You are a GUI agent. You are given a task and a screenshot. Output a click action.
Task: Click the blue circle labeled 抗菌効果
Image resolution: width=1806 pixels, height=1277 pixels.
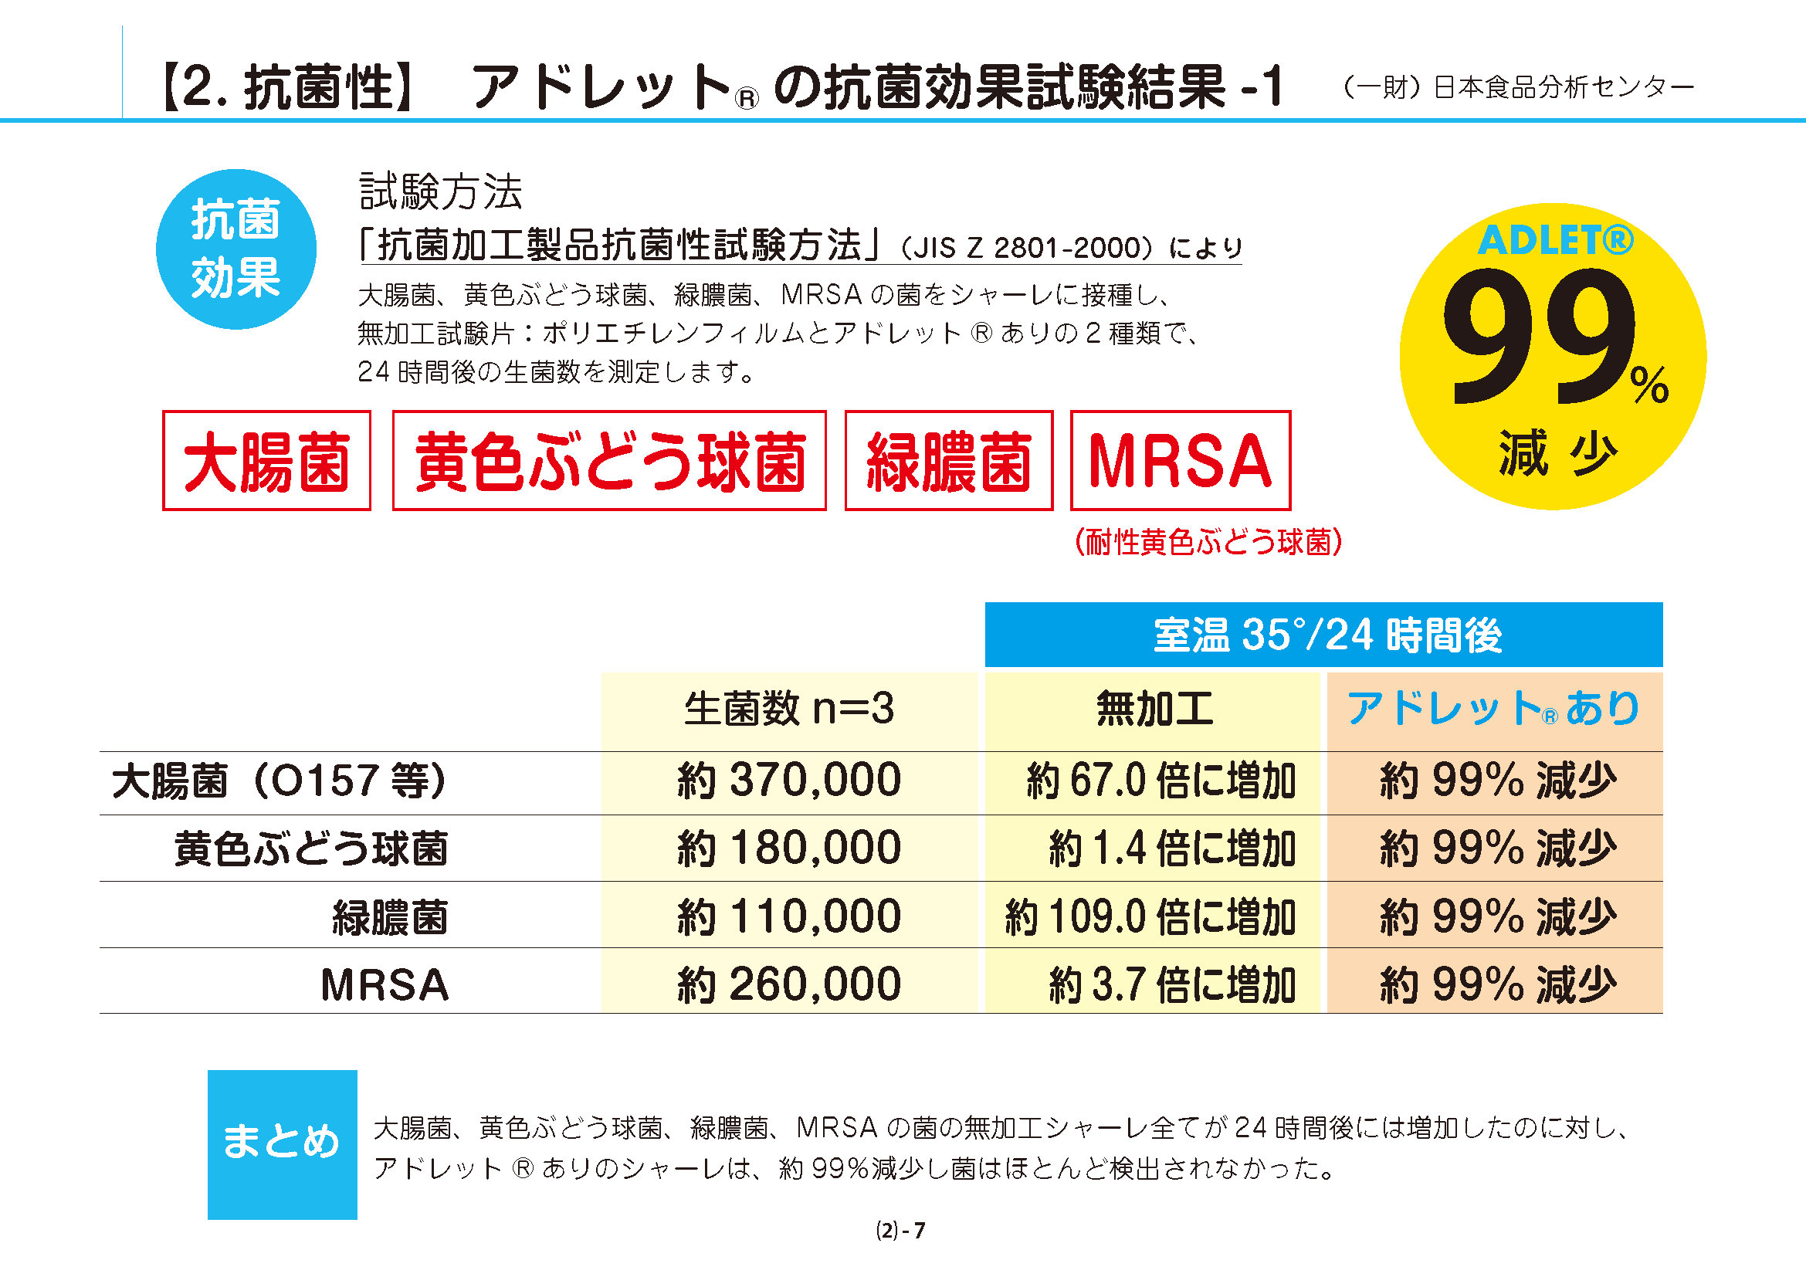point(236,249)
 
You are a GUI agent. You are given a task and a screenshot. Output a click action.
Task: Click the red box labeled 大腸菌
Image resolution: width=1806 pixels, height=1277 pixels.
point(266,461)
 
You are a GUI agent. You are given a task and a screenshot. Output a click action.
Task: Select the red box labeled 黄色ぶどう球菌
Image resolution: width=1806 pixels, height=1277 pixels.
point(610,461)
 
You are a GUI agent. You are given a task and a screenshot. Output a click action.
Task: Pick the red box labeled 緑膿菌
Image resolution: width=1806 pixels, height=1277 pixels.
point(949,461)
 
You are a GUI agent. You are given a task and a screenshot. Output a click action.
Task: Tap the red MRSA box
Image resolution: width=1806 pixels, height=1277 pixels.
point(1180,461)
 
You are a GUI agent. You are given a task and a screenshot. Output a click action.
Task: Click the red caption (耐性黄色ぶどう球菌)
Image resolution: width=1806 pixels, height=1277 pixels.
point(1208,542)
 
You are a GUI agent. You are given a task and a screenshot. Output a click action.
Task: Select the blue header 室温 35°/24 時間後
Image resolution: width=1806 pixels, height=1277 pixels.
point(1324,635)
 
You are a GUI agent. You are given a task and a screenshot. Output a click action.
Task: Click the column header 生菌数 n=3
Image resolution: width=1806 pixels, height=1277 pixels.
point(789,709)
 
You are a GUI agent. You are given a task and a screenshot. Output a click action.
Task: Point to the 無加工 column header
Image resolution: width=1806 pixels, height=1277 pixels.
point(1154,709)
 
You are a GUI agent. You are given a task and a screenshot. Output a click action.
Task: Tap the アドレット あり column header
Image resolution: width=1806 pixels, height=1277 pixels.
point(1493,709)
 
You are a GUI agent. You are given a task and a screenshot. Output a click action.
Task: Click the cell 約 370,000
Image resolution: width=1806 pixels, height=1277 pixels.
point(789,781)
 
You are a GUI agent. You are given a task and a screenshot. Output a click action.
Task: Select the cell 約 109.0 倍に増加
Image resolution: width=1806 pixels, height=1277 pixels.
point(1150,917)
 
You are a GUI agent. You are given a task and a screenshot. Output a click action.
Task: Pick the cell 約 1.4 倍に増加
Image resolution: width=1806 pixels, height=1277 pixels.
point(1171,849)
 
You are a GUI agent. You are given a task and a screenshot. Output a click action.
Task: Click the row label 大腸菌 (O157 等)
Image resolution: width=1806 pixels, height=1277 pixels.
point(280,781)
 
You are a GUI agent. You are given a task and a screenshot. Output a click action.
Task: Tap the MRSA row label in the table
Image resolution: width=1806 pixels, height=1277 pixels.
point(385,984)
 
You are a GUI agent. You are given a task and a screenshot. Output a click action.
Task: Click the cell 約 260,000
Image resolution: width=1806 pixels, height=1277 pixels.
point(789,984)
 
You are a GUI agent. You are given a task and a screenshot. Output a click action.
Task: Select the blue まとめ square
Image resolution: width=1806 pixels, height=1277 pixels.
point(282,1144)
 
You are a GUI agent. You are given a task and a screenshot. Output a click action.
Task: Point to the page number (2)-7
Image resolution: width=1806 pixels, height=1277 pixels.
point(900,1231)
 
